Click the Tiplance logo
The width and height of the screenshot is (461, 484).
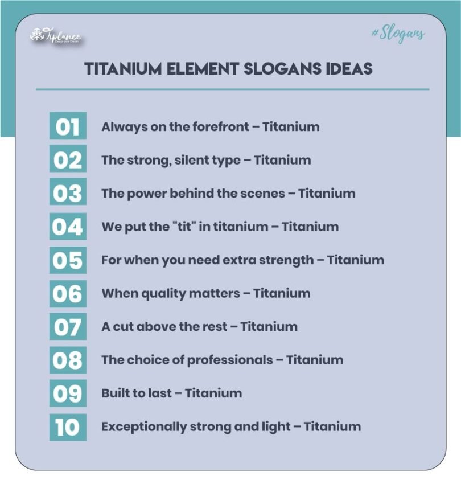55,37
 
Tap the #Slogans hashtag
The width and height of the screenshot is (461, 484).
398,34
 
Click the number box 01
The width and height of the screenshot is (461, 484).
68,126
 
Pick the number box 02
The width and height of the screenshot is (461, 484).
68,160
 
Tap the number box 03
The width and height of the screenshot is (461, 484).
68,193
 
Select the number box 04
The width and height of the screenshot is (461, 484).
68,227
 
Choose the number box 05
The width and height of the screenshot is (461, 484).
68,260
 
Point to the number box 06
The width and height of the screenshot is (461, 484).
68,293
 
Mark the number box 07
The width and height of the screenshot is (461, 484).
68,327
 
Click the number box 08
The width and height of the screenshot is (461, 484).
68,360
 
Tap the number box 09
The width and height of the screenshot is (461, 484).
68,393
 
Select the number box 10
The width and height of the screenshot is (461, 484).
68,426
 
